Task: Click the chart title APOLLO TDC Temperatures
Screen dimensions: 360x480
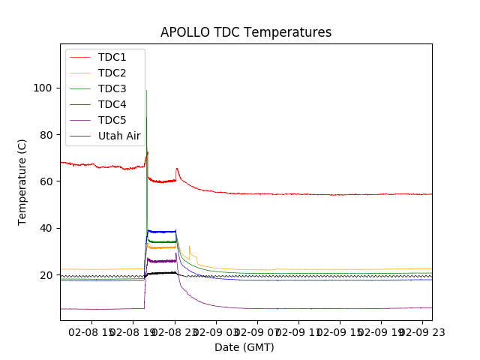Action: (x=246, y=32)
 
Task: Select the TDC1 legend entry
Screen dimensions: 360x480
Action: (x=112, y=57)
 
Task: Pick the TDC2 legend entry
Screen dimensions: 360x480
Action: (x=112, y=73)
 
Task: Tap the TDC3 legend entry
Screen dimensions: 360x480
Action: (x=112, y=88)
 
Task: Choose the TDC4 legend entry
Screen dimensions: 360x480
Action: (x=112, y=104)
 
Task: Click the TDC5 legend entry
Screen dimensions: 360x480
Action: (x=112, y=120)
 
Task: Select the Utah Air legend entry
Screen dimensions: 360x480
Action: (x=119, y=136)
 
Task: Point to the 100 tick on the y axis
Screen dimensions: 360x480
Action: (x=42, y=88)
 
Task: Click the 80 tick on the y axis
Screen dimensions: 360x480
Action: (x=45, y=135)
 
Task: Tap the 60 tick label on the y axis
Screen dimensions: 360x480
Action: (x=45, y=181)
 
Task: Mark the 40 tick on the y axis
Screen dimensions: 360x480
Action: (x=45, y=228)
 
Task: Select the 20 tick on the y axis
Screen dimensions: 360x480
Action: (x=45, y=275)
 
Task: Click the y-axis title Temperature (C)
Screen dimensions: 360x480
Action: (x=22, y=181)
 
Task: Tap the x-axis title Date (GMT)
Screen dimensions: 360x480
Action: (x=244, y=347)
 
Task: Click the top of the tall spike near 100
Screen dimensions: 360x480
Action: (x=146, y=91)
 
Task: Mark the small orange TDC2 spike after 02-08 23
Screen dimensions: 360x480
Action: (x=189, y=246)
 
